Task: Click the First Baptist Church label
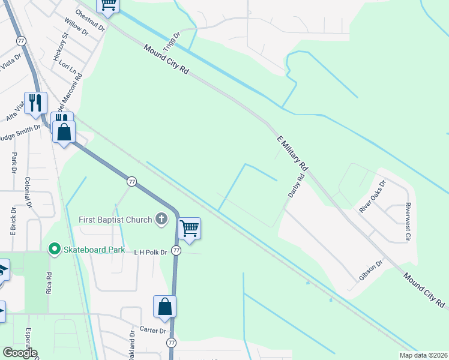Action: pyautogui.click(x=115, y=220)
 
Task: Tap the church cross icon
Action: pyautogui.click(x=161, y=220)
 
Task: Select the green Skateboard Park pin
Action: pyautogui.click(x=54, y=248)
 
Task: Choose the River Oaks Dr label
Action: pyautogui.click(x=373, y=196)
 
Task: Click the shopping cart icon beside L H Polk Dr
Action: pyautogui.click(x=190, y=228)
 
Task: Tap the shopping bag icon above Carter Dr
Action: pyautogui.click(x=164, y=307)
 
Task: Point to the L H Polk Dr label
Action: pyautogui.click(x=149, y=251)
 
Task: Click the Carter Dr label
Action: pyautogui.click(x=152, y=331)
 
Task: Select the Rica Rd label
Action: pyautogui.click(x=49, y=283)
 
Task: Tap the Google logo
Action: pyautogui.click(x=20, y=353)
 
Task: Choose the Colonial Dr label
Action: pyautogui.click(x=28, y=192)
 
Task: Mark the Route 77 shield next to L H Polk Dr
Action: pyautogui.click(x=176, y=250)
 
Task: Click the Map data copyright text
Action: pyautogui.click(x=423, y=355)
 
